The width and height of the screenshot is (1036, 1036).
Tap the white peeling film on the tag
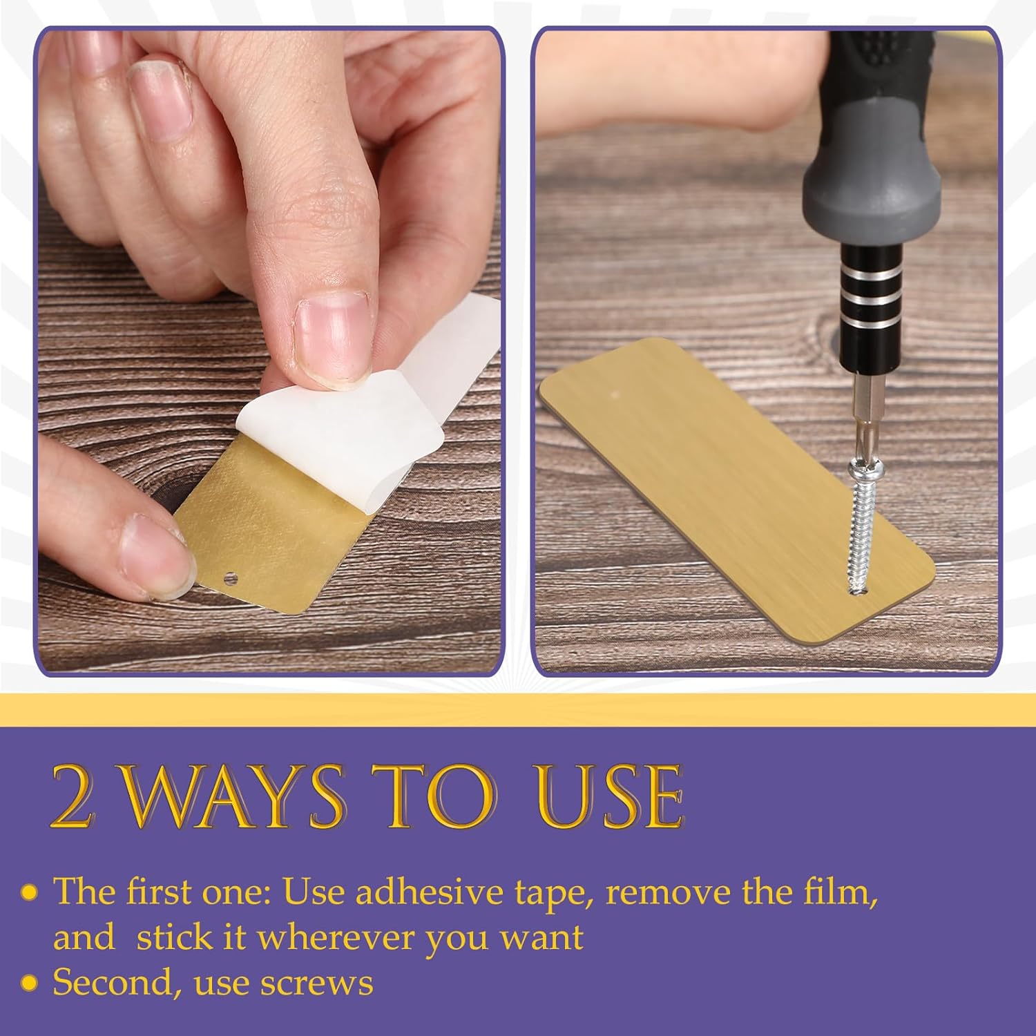pyautogui.click(x=373, y=414)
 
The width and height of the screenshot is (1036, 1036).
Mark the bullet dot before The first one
pyautogui.click(x=28, y=892)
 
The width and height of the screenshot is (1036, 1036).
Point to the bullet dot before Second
pyautogui.click(x=28, y=984)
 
